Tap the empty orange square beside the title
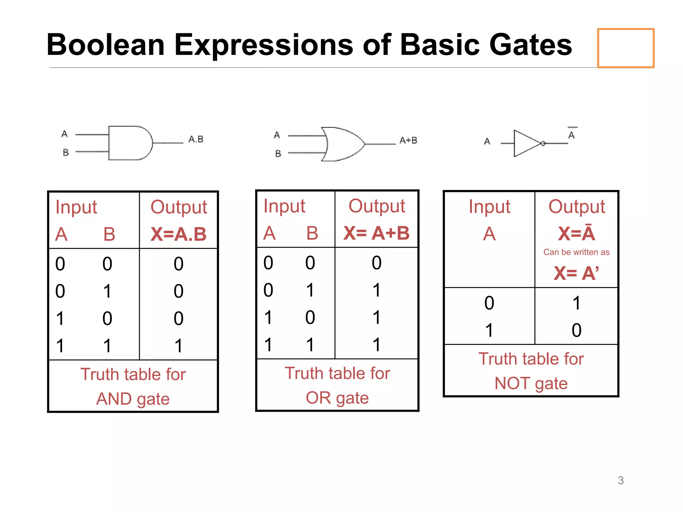(x=625, y=48)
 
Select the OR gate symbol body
(x=344, y=144)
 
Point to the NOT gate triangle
(x=525, y=143)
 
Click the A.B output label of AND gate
(x=196, y=139)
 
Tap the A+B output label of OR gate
(x=408, y=140)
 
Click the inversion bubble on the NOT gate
(x=543, y=143)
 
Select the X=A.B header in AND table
(x=178, y=234)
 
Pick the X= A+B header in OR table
(x=377, y=233)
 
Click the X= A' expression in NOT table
(x=576, y=273)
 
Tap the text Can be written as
(x=576, y=252)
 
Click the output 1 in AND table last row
(x=178, y=346)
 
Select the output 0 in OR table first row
(x=377, y=263)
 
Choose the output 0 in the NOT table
(x=576, y=330)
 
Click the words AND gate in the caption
(x=133, y=399)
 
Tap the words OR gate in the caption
(x=337, y=398)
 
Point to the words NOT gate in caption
(x=531, y=383)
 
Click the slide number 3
(x=620, y=480)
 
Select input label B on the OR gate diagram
(x=278, y=154)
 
